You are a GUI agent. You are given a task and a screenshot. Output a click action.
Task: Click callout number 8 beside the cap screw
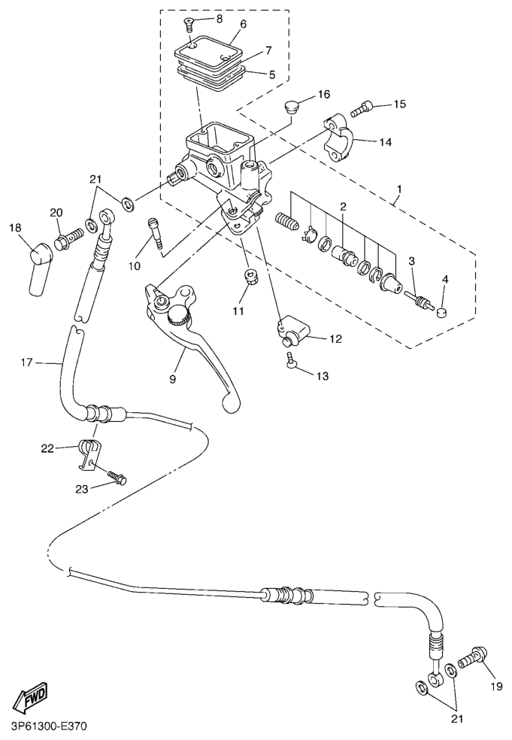point(219,18)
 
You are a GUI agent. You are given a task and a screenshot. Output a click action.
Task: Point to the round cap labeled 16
point(292,107)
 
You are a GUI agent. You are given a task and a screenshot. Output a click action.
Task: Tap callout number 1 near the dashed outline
point(399,190)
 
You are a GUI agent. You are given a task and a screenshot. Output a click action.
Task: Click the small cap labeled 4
point(443,311)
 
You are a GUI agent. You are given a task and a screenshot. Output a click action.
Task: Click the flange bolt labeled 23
point(117,478)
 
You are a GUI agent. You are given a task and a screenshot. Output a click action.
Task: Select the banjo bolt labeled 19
point(472,657)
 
